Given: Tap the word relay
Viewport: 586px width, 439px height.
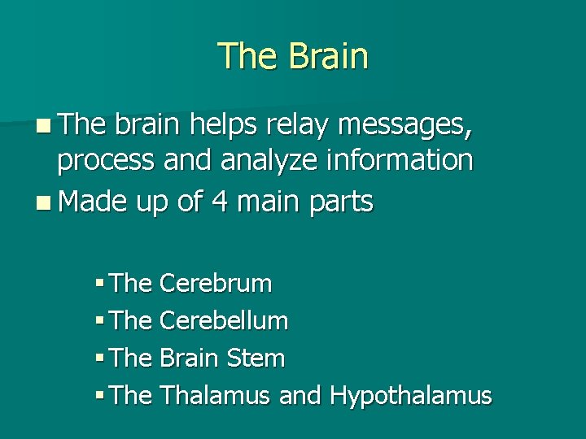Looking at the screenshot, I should pos(306,127).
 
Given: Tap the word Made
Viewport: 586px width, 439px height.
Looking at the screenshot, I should pos(93,202).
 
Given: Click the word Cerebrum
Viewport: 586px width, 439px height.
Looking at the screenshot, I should pos(216,284).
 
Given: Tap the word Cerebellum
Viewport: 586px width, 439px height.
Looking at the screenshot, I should pos(224,321).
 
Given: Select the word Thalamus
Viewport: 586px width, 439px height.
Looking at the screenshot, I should pos(216,396).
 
